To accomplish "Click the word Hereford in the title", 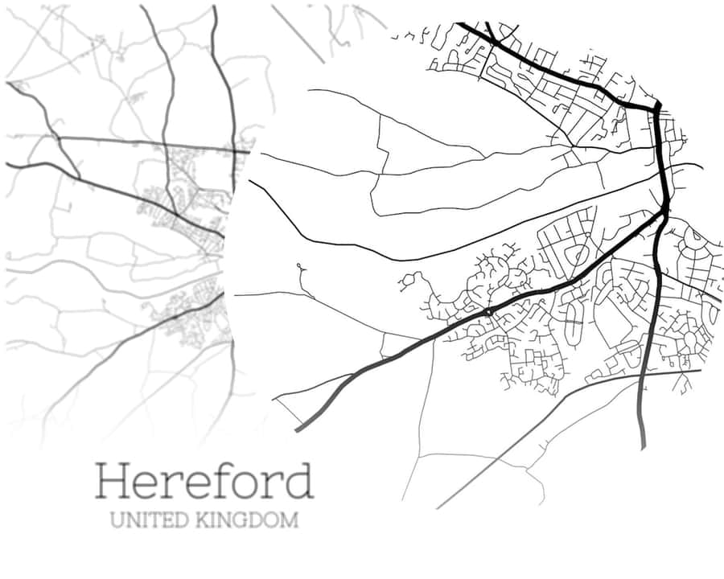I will click(204, 481).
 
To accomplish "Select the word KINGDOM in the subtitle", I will click(247, 520).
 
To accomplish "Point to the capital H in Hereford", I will click(112, 480).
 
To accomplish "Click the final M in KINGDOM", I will click(289, 520).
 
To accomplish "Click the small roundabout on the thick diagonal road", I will click(488, 311).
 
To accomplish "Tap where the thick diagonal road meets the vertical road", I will click(665, 212).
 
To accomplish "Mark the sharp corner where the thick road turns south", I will click(657, 105).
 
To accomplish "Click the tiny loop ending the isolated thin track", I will click(299, 265).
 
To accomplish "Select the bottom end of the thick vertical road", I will click(643, 446).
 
